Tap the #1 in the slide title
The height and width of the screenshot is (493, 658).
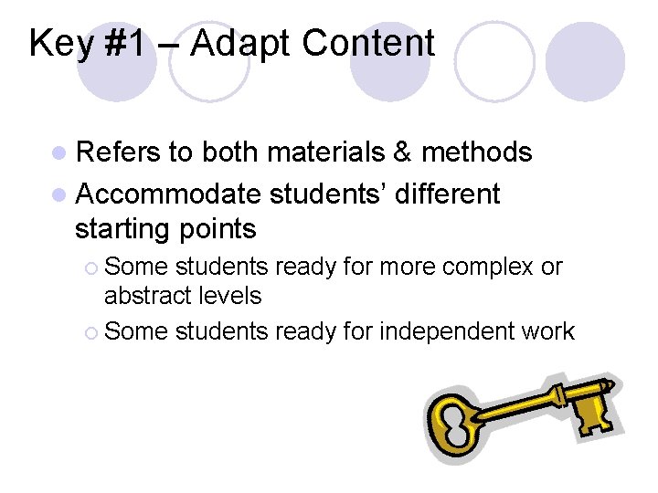pos(127,43)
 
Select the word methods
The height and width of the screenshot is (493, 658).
pos(477,152)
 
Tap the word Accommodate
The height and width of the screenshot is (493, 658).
pos(170,194)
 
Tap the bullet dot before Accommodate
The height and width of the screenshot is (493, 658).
pos(60,194)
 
